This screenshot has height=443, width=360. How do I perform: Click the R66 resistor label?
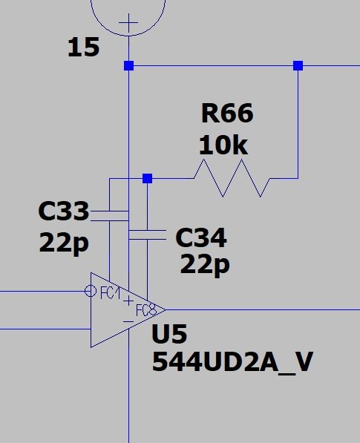tap(227, 113)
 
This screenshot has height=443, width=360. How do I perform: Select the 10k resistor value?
tap(223, 145)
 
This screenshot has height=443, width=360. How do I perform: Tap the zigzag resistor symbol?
tap(232, 178)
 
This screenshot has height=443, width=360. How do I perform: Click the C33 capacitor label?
tap(64, 211)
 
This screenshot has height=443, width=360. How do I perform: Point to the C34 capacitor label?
tap(201, 237)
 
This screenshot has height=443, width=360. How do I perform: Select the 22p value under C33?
tap(64, 243)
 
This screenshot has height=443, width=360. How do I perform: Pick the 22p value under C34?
tap(205, 264)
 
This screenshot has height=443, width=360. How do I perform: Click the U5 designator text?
tap(169, 334)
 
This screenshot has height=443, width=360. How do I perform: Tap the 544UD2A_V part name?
tap(232, 362)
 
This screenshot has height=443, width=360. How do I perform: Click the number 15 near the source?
tap(84, 47)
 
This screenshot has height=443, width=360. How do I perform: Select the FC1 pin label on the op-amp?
tap(111, 292)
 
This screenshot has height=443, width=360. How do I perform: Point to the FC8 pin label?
tap(146, 310)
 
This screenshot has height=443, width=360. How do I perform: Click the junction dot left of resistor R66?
tap(147, 178)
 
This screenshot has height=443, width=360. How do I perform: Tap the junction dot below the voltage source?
tap(128, 65)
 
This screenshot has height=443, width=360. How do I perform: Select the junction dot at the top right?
tap(298, 65)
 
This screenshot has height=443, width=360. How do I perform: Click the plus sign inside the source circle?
tap(128, 22)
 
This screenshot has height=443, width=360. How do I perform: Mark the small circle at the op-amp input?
tap(91, 291)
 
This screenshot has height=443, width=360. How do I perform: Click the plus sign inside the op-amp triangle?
tap(128, 301)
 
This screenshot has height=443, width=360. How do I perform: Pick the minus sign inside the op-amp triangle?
tap(128, 321)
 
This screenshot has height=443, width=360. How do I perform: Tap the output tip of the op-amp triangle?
tap(166, 310)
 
